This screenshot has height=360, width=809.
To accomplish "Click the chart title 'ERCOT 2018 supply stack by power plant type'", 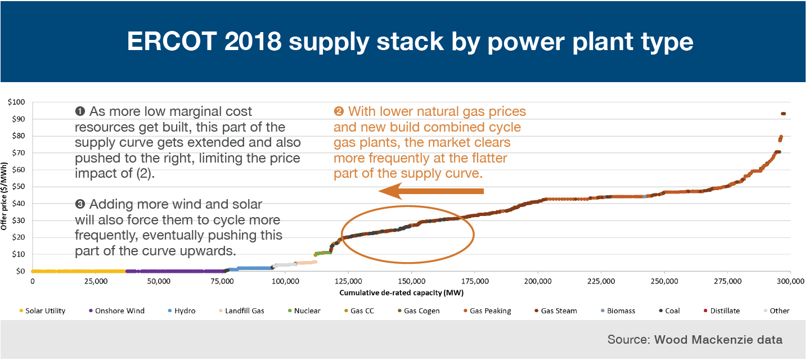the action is [x=410, y=42].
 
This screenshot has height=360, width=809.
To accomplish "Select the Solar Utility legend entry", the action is [x=42, y=311].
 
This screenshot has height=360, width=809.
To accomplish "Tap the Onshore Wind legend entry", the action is [x=116, y=311].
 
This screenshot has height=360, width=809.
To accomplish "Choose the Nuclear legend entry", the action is [x=304, y=311].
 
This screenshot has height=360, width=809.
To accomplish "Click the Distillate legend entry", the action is [x=722, y=311].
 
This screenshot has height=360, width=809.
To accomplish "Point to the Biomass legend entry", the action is [x=618, y=311].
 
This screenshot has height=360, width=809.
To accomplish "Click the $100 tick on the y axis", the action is [x=16, y=102].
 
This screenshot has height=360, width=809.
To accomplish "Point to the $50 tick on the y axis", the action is [x=18, y=187].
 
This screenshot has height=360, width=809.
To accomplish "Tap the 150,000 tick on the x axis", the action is [x=411, y=281].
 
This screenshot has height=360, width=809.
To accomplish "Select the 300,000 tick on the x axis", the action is [x=790, y=281].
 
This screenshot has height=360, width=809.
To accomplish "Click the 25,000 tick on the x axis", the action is [x=96, y=281].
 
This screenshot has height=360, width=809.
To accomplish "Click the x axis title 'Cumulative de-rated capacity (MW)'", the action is [x=401, y=293].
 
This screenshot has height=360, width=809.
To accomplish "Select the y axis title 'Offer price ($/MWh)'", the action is [x=4, y=196].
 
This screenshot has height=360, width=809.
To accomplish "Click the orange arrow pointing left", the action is [x=431, y=191].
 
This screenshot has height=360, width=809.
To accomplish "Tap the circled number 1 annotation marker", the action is [x=80, y=111].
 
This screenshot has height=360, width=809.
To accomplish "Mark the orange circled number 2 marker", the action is [x=339, y=111].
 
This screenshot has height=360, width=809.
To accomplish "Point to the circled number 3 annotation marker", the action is [x=80, y=204].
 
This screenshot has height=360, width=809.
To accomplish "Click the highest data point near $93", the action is [x=783, y=114].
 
